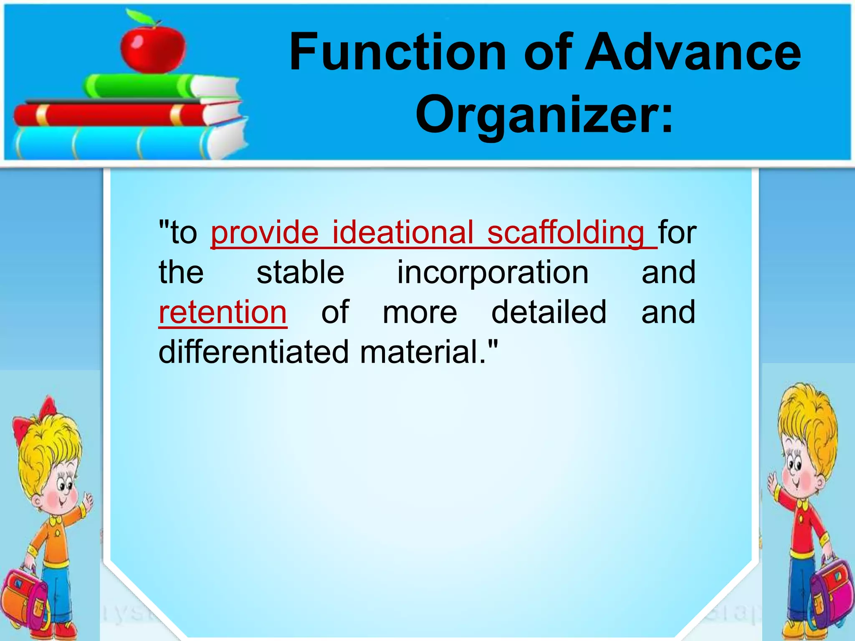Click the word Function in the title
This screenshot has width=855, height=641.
tap(397, 53)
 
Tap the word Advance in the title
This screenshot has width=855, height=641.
tap(693, 53)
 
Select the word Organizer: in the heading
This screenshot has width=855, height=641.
tap(544, 115)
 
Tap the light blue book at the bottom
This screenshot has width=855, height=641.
tap(113, 142)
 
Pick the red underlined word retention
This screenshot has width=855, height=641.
tap(223, 312)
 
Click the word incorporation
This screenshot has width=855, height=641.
tap(493, 273)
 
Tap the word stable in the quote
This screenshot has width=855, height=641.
tap(300, 273)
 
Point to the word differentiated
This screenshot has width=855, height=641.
tap(253, 352)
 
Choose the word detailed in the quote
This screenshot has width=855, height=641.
tap(549, 312)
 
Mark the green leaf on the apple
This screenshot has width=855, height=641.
tap(140, 17)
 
